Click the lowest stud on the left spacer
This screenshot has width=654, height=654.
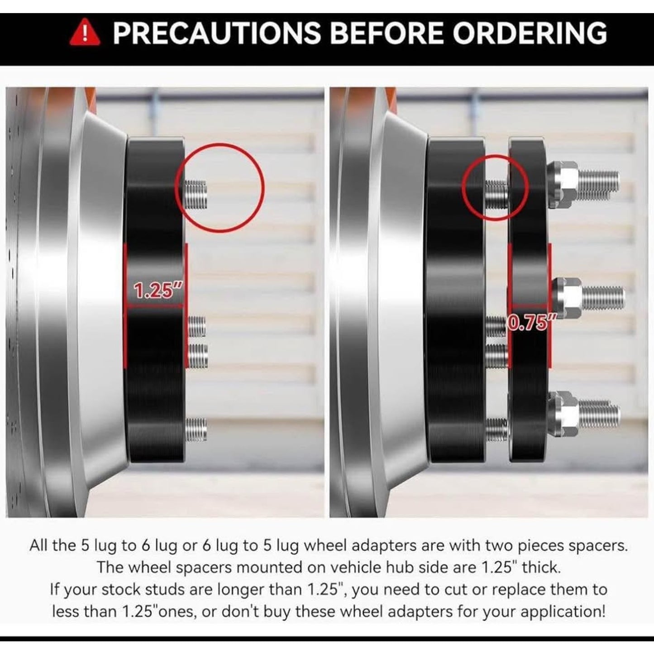[196, 429]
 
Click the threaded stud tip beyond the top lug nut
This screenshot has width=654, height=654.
[598, 185]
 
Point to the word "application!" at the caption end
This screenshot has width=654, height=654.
[563, 612]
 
